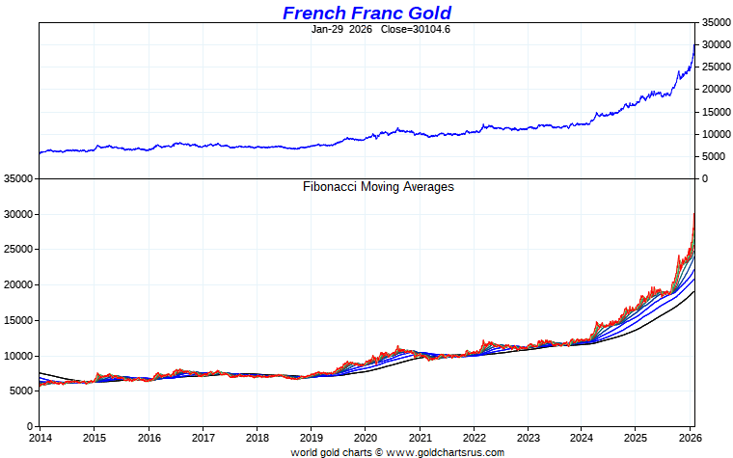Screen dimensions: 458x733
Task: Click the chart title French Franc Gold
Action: click(x=366, y=13)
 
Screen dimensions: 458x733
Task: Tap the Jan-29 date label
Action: click(x=327, y=29)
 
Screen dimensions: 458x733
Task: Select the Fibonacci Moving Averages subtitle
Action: click(x=378, y=186)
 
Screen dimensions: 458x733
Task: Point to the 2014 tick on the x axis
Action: click(x=40, y=437)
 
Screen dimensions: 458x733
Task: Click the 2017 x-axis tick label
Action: click(x=203, y=437)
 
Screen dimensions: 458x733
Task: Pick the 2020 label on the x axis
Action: click(x=366, y=437)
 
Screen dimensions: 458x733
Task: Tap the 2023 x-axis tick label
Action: click(x=528, y=437)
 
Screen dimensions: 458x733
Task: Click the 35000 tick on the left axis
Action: click(x=18, y=179)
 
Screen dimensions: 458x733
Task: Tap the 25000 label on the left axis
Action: click(x=18, y=250)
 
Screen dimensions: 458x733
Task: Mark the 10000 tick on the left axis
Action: click(x=18, y=356)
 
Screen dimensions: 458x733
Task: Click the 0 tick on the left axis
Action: click(x=31, y=426)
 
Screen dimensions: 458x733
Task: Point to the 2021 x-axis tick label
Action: click(x=420, y=437)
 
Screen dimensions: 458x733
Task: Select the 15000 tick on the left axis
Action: click(x=18, y=320)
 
